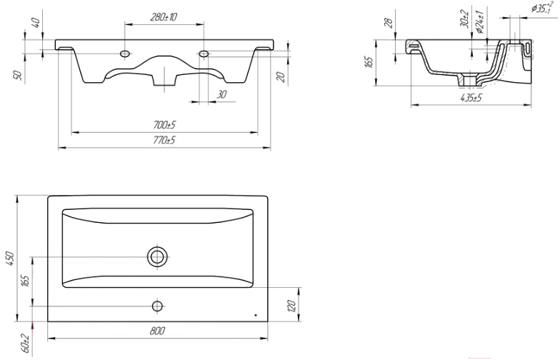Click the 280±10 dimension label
(164, 17)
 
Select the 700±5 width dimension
(164, 125)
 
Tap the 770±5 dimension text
(164, 140)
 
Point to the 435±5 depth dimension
(471, 98)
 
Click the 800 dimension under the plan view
(157, 331)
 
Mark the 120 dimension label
(291, 306)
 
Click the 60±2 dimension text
(26, 343)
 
